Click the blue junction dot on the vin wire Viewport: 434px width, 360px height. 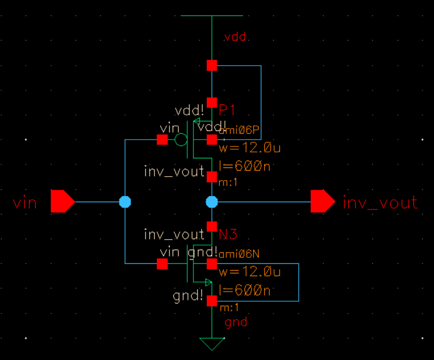pos(125,201)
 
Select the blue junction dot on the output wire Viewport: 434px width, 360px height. pos(212,201)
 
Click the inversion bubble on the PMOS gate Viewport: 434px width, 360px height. pos(181,140)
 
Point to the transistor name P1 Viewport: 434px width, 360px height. pos(227,110)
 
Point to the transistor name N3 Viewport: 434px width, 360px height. pos(228,235)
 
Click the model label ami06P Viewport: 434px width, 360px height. pos(240,131)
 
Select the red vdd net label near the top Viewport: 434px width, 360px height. pos(235,37)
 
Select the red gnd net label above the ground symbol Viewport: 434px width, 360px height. pos(236,322)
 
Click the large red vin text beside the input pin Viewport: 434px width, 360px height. pos(25,202)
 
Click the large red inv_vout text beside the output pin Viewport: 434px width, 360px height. pos(380,202)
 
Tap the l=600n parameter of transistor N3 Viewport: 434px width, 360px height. pos(244,290)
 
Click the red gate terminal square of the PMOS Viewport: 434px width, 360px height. pos(162,140)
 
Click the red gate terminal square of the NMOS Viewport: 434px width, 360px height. pos(162,264)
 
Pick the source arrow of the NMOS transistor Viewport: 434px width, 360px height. pos(208,282)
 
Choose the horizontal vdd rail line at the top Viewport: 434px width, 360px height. pos(212,16)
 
